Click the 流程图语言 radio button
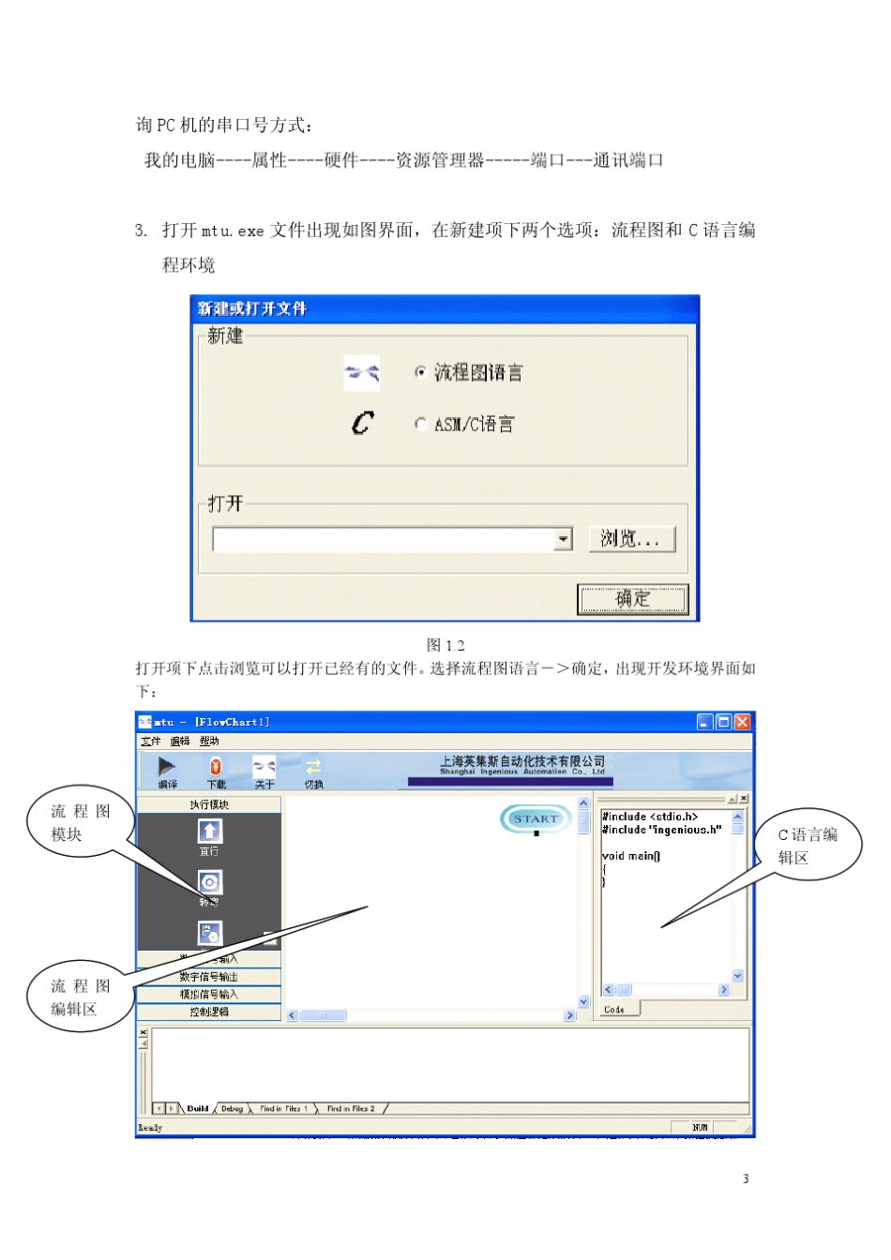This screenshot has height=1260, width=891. (420, 372)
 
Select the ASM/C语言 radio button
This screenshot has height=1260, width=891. (420, 424)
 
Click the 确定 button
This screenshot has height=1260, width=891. (632, 598)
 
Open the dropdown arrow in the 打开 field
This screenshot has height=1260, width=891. (563, 539)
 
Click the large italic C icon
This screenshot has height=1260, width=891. (362, 424)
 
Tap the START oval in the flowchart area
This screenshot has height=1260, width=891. (535, 818)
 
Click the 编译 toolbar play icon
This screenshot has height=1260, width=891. (167, 767)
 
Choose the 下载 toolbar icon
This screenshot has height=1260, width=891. (216, 767)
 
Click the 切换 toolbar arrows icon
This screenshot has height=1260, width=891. (313, 767)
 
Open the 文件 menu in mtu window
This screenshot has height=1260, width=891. (150, 741)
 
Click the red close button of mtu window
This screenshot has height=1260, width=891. (742, 722)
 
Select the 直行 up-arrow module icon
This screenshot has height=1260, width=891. (209, 832)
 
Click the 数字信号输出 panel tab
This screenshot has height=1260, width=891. (208, 977)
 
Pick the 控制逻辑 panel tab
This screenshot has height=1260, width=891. (208, 1012)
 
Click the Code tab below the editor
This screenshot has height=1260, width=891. (615, 1009)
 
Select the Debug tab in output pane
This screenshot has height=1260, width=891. (232, 1108)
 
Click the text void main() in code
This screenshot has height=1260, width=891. (630, 856)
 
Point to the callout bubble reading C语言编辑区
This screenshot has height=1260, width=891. (808, 845)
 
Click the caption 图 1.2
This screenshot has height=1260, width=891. (445, 645)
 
